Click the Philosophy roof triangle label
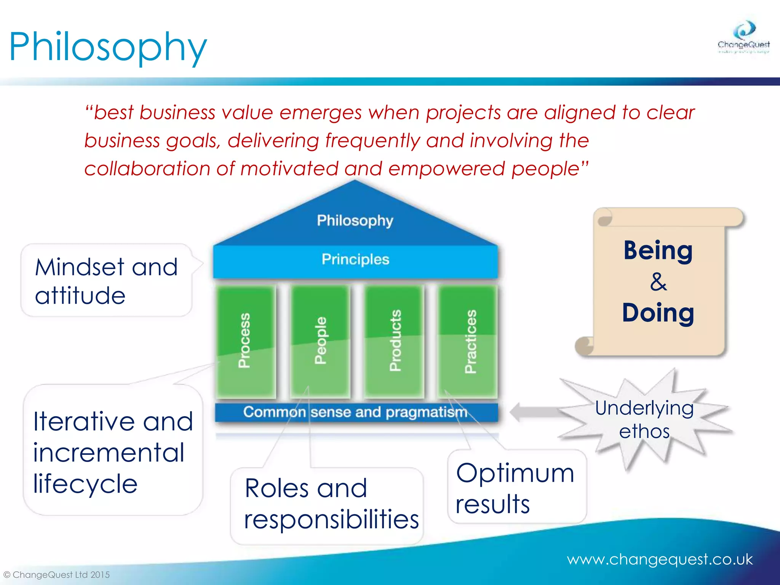[x=355, y=221]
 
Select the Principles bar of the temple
[x=355, y=260]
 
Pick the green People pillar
[x=320, y=341]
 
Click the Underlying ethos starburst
[x=644, y=420]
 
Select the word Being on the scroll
[x=658, y=251]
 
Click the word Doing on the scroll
[x=658, y=313]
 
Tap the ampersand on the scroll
[x=658, y=282]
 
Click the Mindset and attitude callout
[x=106, y=281]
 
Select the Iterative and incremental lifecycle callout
[x=113, y=452]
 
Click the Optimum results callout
[x=516, y=487]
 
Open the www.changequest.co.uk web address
[x=659, y=559]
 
